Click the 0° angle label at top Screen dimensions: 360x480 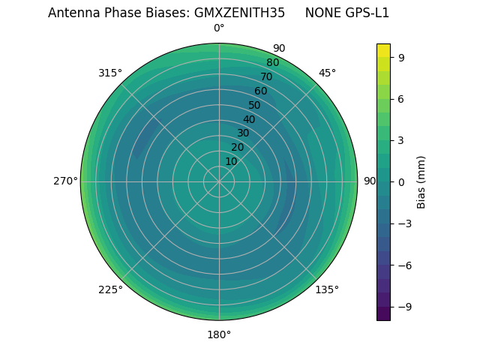click(x=219, y=28)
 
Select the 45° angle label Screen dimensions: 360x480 click(x=327, y=73)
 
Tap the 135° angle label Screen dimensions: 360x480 click(x=327, y=289)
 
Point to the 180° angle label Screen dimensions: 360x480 click(x=219, y=334)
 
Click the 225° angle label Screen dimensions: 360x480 click(x=110, y=289)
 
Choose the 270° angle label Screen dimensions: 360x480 click(x=65, y=181)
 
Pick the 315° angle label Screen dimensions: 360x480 click(x=110, y=73)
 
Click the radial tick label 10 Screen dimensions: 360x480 click(x=231, y=161)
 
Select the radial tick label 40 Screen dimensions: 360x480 click(x=249, y=119)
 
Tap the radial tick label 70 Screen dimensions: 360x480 click(x=267, y=76)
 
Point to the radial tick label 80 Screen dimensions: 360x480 click(x=273, y=63)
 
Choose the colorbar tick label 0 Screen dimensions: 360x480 click(x=402, y=181)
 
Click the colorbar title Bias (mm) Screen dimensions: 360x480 click(x=421, y=181)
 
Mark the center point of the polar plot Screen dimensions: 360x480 click(x=219, y=181)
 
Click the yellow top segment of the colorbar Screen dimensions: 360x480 click(x=383, y=50)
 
